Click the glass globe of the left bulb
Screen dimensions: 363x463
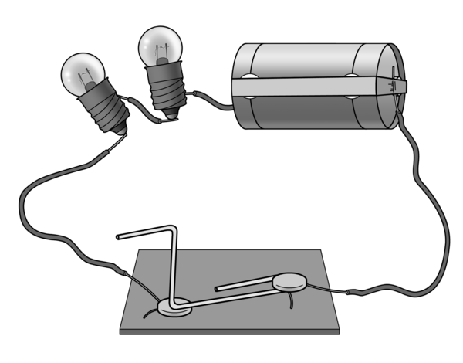coord(84,74)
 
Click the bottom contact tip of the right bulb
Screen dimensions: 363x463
coord(171,117)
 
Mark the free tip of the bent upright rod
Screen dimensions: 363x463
coord(118,236)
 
